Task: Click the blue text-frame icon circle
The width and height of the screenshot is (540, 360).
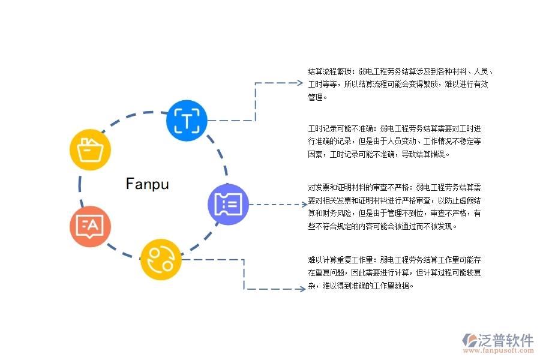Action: tap(187, 121)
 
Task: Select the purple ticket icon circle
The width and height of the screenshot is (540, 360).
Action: tap(228, 205)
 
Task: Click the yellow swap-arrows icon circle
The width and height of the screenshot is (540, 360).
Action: tap(161, 259)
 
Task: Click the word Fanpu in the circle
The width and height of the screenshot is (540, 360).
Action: tap(148, 184)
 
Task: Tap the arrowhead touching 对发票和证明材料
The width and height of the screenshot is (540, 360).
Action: tap(302, 205)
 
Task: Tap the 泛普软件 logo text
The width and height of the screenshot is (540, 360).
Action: tap(506, 340)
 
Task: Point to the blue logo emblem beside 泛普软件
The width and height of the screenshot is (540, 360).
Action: tap(469, 340)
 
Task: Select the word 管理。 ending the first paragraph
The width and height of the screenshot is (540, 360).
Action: tap(318, 97)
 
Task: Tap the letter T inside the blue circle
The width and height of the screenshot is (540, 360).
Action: tap(187, 121)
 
